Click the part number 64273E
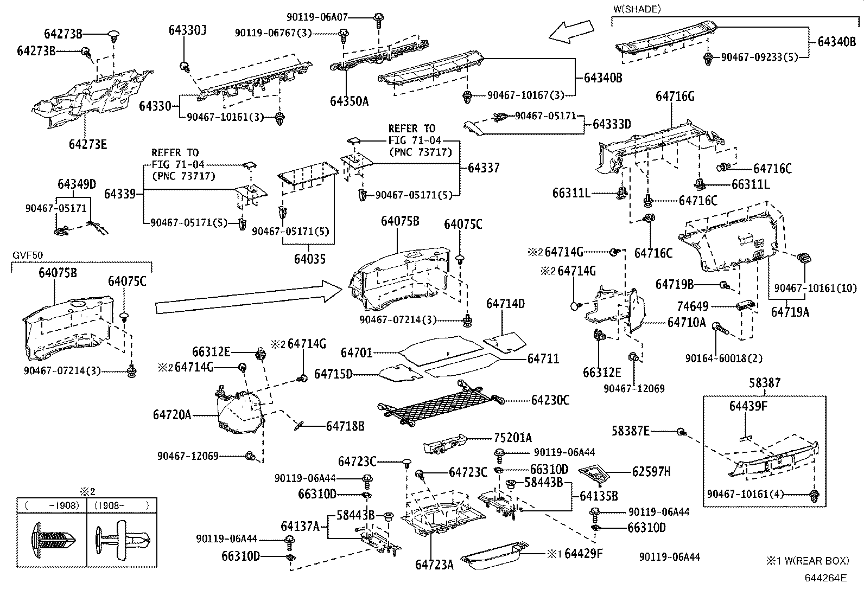[x=87, y=144]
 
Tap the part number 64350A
[x=349, y=101]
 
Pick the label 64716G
[x=675, y=97]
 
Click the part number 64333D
[x=612, y=124]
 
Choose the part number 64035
[x=310, y=259]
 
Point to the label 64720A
[x=172, y=415]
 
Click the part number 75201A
[x=513, y=438]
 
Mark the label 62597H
[x=651, y=472]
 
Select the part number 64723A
[x=434, y=565]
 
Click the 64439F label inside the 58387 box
[x=748, y=406]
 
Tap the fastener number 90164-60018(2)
[x=723, y=358]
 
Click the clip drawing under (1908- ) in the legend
[x=122, y=537]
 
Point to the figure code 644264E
[x=825, y=578]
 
